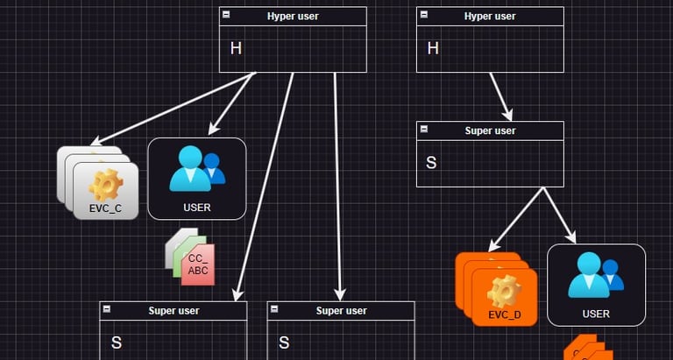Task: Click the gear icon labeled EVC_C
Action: pos(106,184)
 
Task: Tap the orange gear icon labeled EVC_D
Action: pos(504,289)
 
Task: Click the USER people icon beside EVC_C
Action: pos(197,167)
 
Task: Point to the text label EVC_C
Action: pos(106,209)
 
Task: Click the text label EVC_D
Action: pos(505,314)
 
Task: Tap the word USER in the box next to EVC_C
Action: pos(197,208)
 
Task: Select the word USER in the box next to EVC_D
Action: pos(596,314)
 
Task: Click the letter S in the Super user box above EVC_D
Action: pos(431,162)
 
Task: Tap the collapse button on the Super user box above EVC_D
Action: pos(424,130)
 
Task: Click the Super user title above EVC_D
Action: pos(490,131)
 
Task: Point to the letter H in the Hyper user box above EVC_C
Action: pos(235,48)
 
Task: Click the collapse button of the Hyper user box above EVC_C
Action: pos(226,16)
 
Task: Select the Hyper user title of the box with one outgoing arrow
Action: pos(490,16)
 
